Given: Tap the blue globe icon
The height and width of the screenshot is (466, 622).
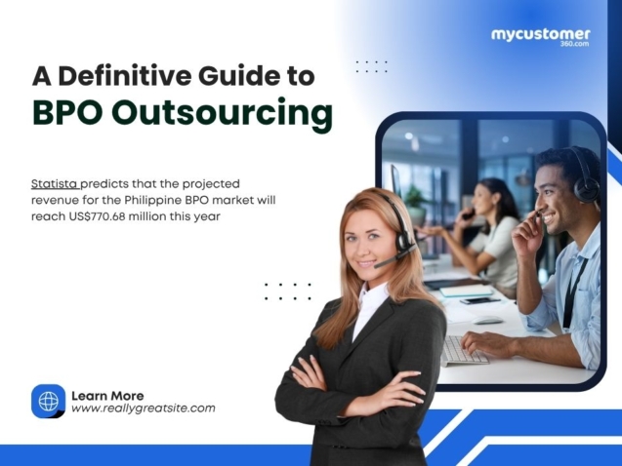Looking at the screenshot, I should point(48,402).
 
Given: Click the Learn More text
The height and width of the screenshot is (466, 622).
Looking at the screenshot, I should point(107,395).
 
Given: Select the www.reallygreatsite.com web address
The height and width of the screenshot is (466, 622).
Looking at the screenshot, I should point(143,409).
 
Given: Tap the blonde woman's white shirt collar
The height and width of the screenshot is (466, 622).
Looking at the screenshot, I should point(370,302).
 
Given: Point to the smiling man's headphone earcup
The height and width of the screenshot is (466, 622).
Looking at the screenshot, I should point(585,186).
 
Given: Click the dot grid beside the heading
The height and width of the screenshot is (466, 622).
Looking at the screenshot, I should point(371,66).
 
